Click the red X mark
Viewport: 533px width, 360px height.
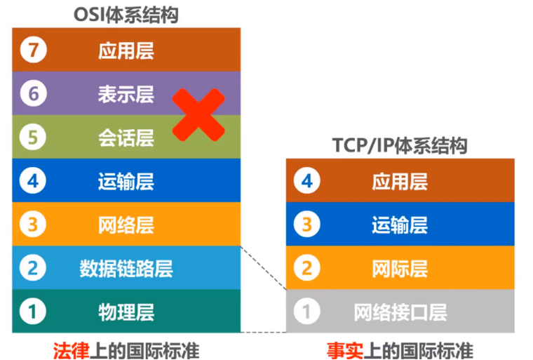[198, 114]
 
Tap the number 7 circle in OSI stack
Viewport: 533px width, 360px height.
[32, 51]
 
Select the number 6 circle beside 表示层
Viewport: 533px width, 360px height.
[32, 93]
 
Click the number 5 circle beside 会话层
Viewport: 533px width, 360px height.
[32, 137]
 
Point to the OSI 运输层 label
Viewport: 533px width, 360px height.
[126, 182]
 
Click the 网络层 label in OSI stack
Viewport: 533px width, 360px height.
[126, 225]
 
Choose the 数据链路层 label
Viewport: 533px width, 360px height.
[126, 268]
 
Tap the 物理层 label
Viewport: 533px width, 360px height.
[126, 312]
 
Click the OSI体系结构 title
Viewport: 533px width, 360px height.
[126, 15]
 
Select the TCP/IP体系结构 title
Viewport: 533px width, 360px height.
[400, 146]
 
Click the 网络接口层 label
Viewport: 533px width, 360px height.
[400, 312]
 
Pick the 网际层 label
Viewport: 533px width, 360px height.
[400, 268]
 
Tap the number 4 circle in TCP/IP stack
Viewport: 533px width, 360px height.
[306, 182]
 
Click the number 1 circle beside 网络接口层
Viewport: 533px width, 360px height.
[306, 312]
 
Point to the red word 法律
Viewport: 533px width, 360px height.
[71, 350]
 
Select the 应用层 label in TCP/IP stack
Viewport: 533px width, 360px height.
[400, 182]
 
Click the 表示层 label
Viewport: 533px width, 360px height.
[126, 93]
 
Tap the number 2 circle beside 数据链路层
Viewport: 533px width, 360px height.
[32, 268]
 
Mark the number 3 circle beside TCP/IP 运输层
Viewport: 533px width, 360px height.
[306, 225]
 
